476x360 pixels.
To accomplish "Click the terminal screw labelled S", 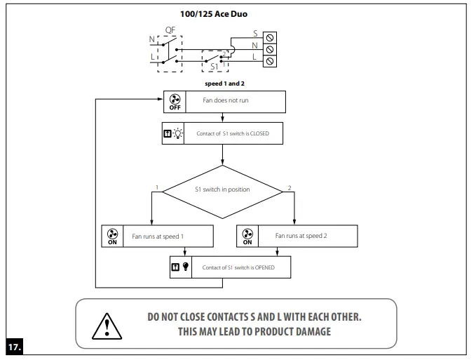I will coord(270,36).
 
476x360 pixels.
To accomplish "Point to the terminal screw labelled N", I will coord(270,48).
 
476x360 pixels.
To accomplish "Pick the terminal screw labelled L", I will coord(270,61).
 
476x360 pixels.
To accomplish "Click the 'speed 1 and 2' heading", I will coord(224,84).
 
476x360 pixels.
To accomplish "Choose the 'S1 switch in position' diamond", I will coord(222,189).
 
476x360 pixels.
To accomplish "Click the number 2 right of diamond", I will coord(290,187).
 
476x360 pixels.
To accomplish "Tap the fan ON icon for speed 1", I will coord(112,236).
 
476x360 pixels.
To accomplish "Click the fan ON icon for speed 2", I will coord(247,236).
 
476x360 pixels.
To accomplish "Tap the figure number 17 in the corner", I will coord(15,346).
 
